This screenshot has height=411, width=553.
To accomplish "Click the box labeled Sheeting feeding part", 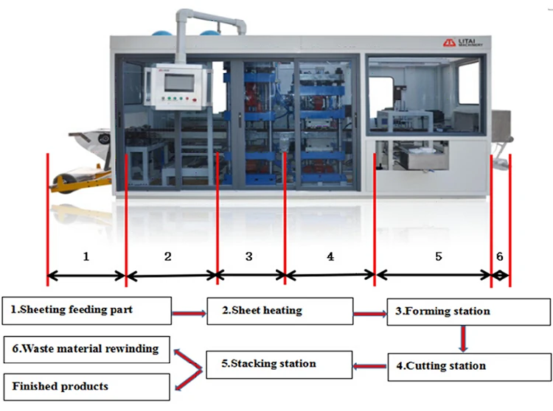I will pos(86,310).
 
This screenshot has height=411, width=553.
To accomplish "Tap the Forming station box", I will pos(465,311).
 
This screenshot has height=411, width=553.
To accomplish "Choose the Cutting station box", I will pos(465,366).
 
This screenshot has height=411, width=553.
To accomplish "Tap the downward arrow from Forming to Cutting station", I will pos(463,338).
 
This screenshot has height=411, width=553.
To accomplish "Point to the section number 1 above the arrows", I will pos(86,257).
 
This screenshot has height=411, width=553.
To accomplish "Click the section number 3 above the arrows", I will pos(249,256).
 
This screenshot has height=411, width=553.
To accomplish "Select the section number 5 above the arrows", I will pos(438,256).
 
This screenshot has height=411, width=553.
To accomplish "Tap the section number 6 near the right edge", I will pos(500,256).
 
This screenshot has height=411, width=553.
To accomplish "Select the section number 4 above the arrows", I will pos(330,256).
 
